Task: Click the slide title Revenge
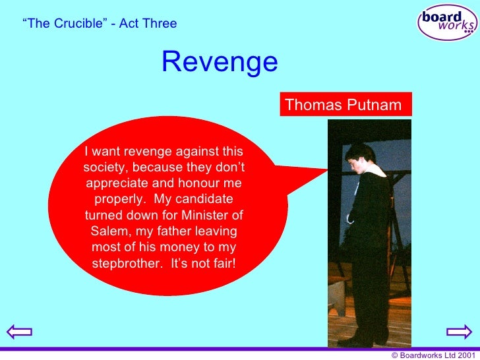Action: pos(220,63)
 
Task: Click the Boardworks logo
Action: pos(447,21)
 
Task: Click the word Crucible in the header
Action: pos(73,24)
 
